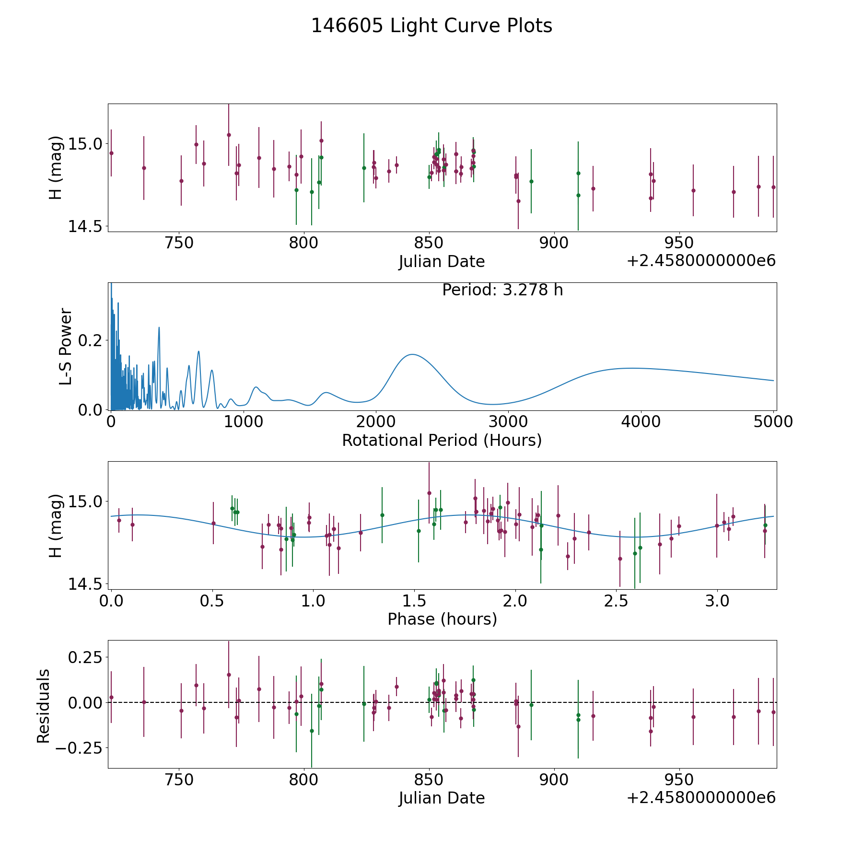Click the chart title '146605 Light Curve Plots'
click(x=431, y=26)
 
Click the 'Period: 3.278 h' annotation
click(x=502, y=290)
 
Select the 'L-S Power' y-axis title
click(x=66, y=346)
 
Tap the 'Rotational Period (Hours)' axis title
click(x=442, y=440)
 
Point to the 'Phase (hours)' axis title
click(x=442, y=619)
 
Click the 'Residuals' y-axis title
click(x=44, y=706)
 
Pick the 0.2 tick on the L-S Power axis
click(x=90, y=340)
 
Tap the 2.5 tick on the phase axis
click(x=616, y=601)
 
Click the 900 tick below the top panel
click(x=554, y=243)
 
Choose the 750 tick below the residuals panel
click(x=179, y=780)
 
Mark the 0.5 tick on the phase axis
click(x=212, y=601)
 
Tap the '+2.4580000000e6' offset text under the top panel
click(x=701, y=261)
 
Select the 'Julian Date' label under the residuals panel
click(x=442, y=798)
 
